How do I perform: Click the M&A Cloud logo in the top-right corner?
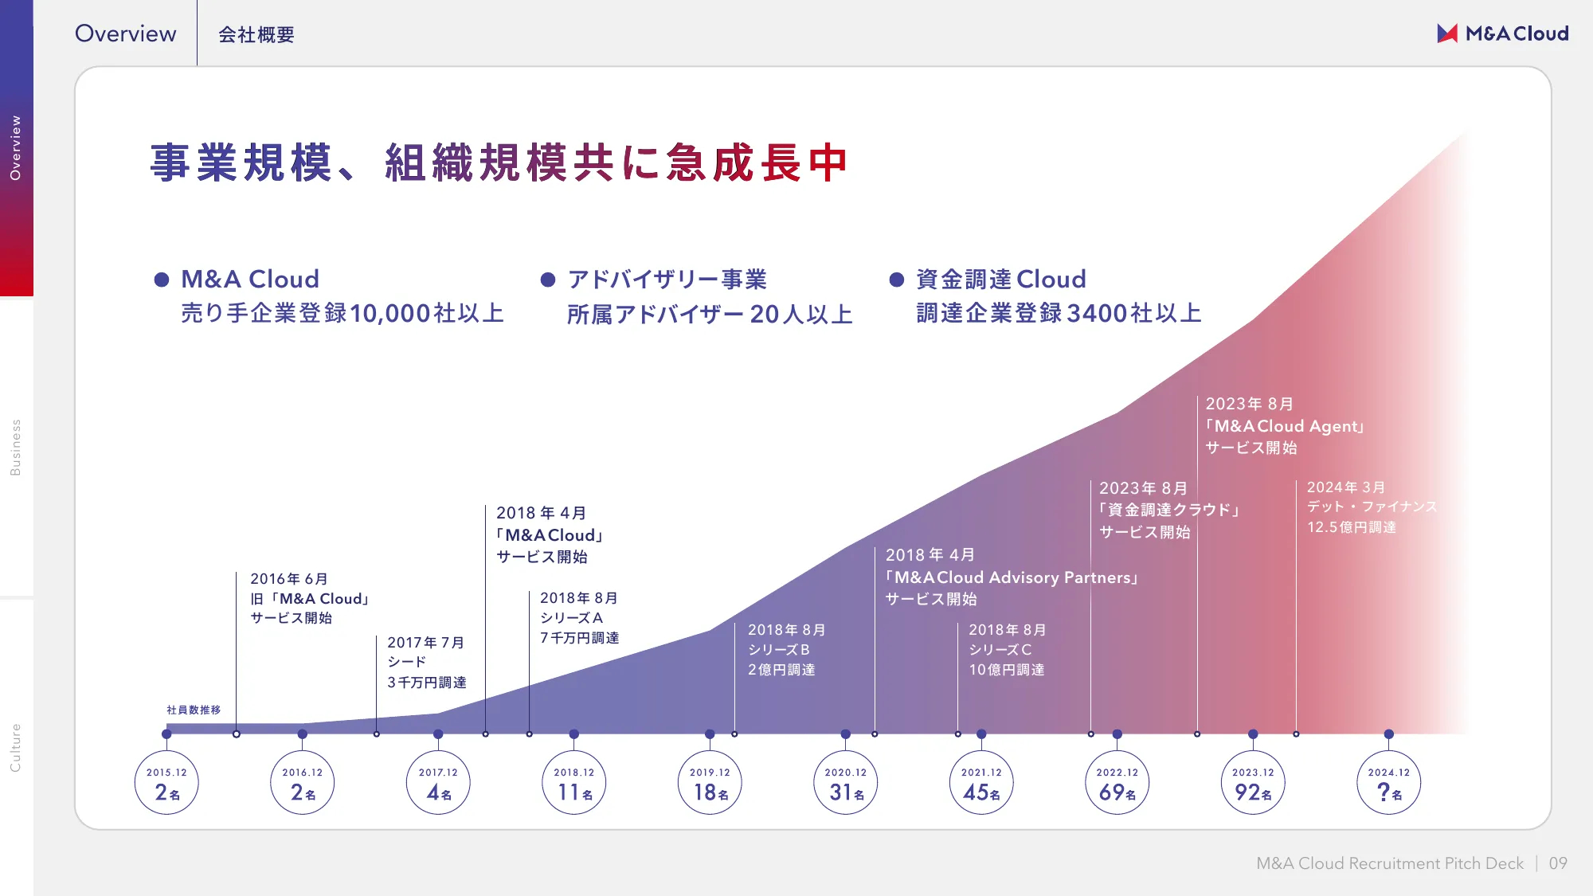[1502, 33]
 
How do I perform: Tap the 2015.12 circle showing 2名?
[166, 782]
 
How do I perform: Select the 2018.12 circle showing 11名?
[573, 782]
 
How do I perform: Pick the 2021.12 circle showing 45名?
[981, 782]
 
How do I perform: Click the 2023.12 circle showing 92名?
[1253, 782]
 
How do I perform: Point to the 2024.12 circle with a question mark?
[1388, 782]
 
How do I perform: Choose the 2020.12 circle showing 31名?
[845, 782]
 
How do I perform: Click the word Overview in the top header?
[125, 33]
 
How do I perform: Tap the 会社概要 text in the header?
[256, 35]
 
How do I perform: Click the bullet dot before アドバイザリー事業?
[548, 280]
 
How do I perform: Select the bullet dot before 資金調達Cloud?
[897, 280]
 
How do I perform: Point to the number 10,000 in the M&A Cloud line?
[390, 314]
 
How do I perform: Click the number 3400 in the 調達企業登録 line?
[1097, 314]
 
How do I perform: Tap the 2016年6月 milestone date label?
[289, 579]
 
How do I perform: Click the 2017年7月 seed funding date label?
[426, 643]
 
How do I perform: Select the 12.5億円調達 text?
[1352, 527]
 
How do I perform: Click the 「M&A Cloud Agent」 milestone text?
[1286, 426]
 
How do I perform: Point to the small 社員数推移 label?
[194, 710]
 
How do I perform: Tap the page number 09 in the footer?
[1558, 863]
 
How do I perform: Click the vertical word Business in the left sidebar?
[15, 448]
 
